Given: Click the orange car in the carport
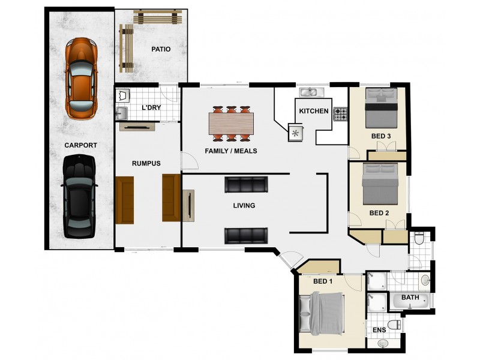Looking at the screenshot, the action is pos(81,79).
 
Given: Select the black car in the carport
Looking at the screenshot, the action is pos(79,196).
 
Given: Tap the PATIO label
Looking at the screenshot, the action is pos(161,49).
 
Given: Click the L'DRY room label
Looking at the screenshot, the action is pos(151,107).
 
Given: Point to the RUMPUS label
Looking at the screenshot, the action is pos(146,163).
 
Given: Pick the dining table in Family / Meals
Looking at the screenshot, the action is pos(231,124).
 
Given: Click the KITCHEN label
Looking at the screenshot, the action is pos(314,111).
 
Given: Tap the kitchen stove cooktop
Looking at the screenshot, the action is pos(340,114).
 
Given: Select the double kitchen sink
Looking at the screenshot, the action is pos(311,92).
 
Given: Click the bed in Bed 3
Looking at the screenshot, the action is pos(381,108).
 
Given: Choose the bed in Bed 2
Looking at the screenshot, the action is pos(380,184).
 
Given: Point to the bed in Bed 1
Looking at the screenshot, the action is pos(321,313).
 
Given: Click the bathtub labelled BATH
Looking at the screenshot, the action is pos(410,301).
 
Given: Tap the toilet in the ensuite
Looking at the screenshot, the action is pos(394,325).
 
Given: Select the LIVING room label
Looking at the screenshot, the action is pos(244,205).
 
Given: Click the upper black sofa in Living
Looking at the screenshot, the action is pos(246,185).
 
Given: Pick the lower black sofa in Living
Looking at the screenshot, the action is pos(246,236).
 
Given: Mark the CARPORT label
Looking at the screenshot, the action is pos(80,145).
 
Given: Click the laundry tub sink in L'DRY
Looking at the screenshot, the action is pos(122,113).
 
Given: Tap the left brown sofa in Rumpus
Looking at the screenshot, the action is pos(125,200).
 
